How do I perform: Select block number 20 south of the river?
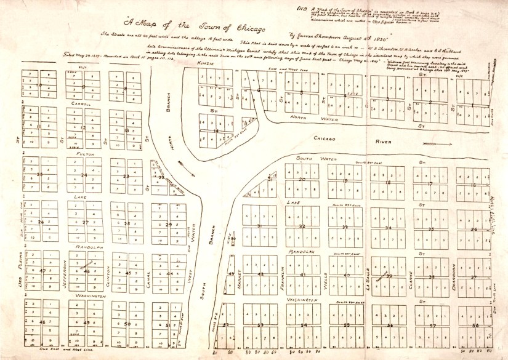pyautogui.click(x=302, y=179)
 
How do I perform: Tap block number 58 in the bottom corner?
pyautogui.click(x=475, y=324)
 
